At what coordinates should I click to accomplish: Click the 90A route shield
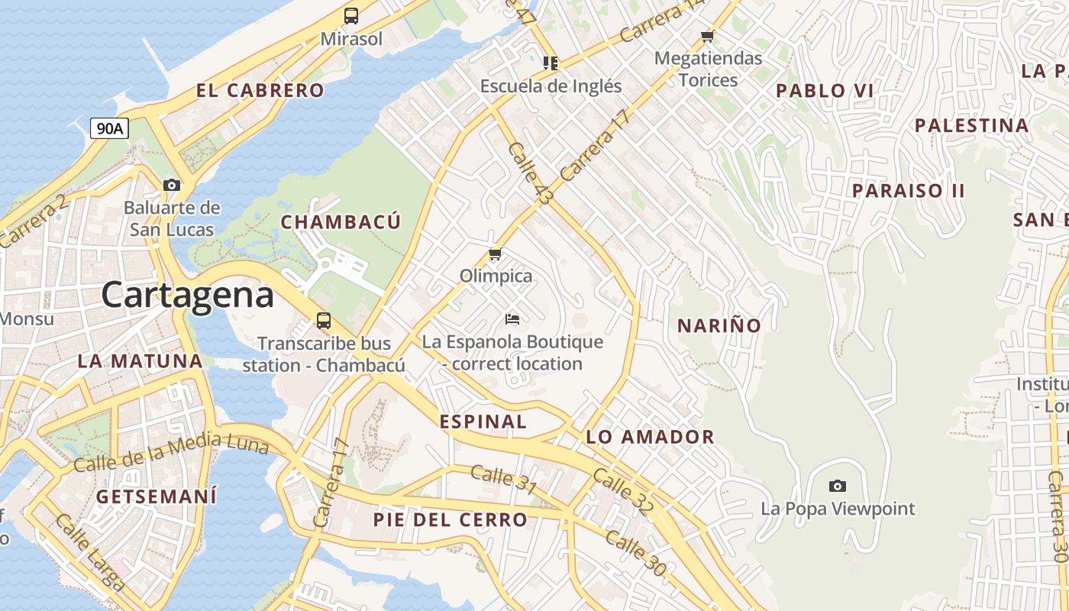click(109, 128)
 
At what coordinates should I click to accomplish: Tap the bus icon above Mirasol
click(351, 16)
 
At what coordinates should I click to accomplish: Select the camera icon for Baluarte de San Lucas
click(172, 185)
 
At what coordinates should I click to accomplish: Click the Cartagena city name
click(187, 295)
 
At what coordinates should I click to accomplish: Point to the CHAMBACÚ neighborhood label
click(341, 222)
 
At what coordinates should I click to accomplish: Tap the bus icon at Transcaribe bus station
click(324, 321)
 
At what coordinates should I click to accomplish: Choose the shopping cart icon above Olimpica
click(496, 254)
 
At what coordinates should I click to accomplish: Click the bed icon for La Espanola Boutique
click(512, 318)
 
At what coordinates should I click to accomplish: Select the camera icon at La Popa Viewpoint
click(838, 486)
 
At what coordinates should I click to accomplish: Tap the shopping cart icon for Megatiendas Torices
click(708, 37)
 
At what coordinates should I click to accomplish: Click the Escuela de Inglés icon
click(551, 63)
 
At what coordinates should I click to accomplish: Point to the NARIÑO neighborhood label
click(719, 326)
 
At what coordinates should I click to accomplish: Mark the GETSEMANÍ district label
click(157, 496)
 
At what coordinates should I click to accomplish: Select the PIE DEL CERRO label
click(451, 520)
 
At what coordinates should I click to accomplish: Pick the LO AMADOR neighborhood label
click(650, 437)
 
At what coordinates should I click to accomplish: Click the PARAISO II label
click(909, 191)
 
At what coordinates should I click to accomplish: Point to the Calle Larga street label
click(90, 553)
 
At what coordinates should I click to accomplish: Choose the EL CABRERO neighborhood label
click(260, 91)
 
